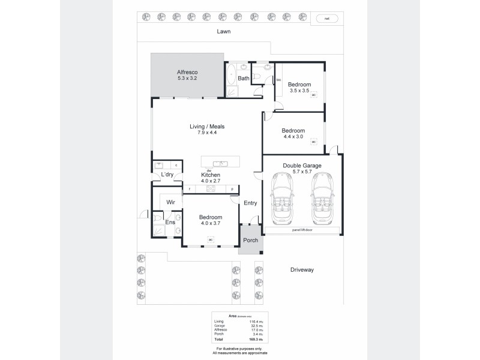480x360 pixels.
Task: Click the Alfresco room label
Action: (x=187, y=70)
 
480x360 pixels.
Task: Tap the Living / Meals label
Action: (x=206, y=126)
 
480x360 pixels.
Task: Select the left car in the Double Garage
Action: (x=283, y=199)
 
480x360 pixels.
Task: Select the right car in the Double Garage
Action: (x=322, y=199)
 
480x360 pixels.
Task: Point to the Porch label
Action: (x=250, y=241)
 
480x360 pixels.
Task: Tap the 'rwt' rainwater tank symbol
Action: (x=327, y=19)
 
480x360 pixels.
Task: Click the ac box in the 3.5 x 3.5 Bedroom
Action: (x=313, y=95)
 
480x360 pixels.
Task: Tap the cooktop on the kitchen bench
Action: (x=211, y=189)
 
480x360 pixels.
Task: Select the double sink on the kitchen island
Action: (x=219, y=163)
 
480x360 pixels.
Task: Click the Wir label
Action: (x=170, y=203)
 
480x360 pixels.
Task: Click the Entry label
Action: (x=250, y=203)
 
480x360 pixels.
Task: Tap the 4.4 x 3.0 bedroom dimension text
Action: (x=293, y=137)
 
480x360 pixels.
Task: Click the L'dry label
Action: (x=167, y=175)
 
